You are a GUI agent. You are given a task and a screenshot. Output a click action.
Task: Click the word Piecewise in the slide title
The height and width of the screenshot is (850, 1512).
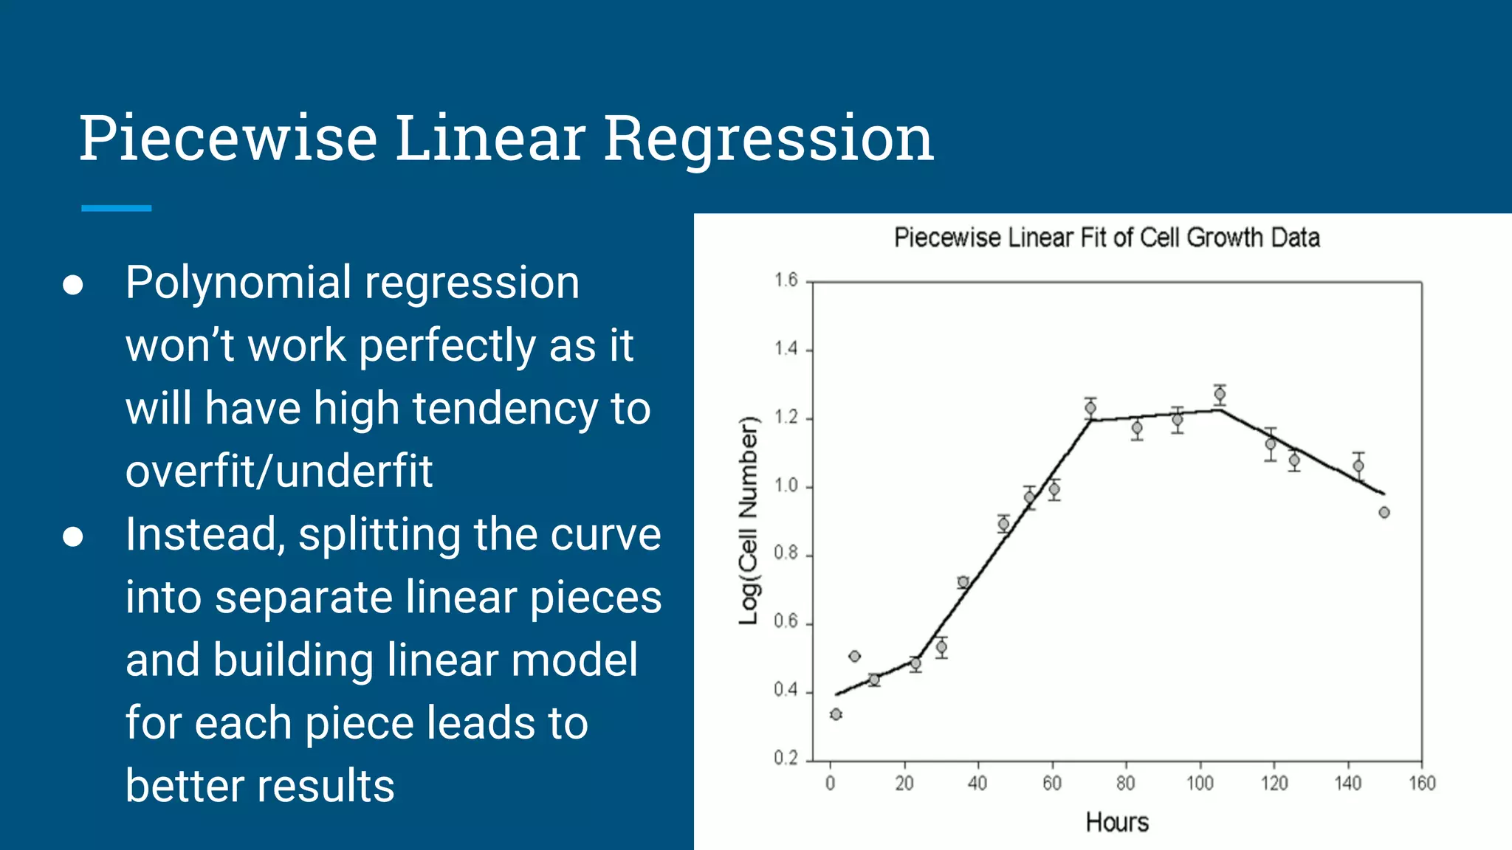point(228,139)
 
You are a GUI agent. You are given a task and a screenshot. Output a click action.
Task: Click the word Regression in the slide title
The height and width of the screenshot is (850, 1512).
point(769,139)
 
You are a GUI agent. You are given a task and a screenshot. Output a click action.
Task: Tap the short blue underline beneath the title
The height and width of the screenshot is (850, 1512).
point(117,208)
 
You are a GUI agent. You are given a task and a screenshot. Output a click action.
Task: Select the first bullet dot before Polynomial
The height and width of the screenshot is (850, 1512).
point(72,286)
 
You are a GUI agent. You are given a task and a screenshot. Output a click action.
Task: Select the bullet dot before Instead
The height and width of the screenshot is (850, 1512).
point(72,537)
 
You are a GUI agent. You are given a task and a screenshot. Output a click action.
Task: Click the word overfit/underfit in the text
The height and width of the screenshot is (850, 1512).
point(278,471)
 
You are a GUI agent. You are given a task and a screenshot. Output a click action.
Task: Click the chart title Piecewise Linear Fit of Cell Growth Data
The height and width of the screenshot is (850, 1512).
point(1107,238)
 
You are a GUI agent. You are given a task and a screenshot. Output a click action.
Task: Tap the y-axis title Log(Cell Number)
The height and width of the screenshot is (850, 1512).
point(749,521)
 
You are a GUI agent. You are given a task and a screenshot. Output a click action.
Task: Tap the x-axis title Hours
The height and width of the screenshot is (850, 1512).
point(1117,822)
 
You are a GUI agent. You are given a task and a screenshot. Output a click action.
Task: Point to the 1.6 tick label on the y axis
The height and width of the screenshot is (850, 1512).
point(786,280)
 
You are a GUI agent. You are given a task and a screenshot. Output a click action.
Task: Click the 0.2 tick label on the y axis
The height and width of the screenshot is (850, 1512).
point(786,759)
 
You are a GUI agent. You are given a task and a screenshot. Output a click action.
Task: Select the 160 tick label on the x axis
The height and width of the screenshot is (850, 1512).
point(1422,784)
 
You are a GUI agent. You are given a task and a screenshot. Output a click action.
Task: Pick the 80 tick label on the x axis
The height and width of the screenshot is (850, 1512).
point(1126,784)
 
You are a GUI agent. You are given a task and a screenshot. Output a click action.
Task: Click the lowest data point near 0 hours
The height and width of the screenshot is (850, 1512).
point(836,714)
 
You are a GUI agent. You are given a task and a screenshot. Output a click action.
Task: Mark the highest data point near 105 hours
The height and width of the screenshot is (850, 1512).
point(1220,395)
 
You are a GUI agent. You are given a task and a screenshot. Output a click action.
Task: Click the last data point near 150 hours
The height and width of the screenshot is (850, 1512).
point(1384,512)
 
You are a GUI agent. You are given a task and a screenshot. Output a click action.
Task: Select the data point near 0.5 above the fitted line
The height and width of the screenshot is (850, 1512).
point(855,656)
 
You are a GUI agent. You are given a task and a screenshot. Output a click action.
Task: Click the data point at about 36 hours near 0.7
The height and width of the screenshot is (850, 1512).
point(963,582)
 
